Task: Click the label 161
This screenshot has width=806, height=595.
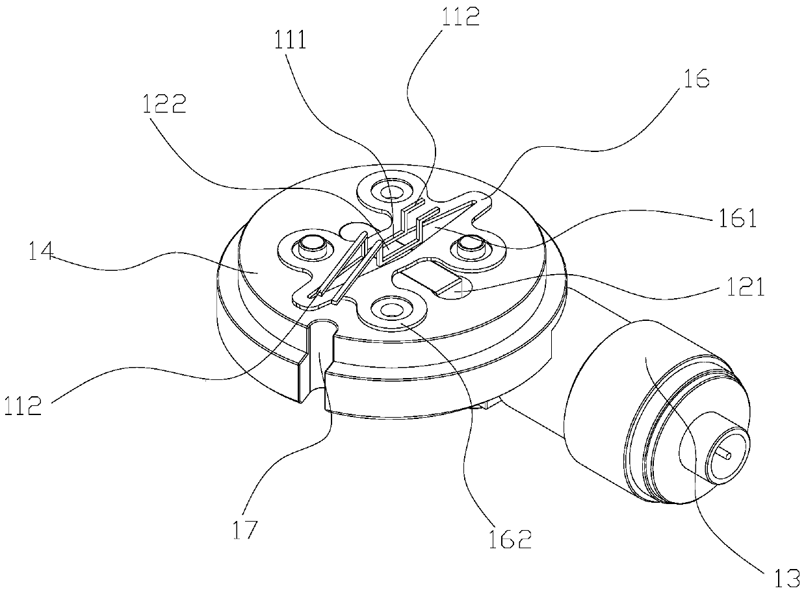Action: pos(738,220)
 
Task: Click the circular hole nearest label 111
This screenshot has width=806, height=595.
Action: pos(391,192)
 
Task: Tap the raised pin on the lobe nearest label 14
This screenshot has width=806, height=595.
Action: pos(309,246)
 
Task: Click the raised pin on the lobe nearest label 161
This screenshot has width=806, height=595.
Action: pos(469,245)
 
